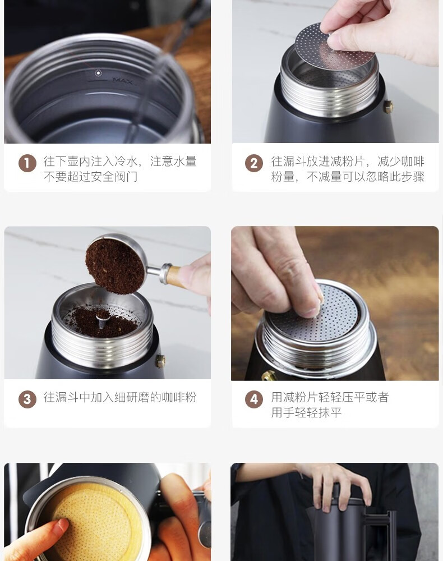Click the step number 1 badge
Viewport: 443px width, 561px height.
tap(27, 163)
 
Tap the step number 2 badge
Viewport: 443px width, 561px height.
tap(254, 163)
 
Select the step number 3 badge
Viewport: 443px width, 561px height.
tap(27, 399)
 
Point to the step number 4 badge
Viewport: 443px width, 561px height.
tap(254, 399)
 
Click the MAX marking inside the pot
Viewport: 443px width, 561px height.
tap(122, 80)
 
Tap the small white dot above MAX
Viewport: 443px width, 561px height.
tap(98, 73)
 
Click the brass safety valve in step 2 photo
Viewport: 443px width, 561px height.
tap(388, 106)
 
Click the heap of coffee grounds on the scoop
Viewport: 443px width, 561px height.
tap(115, 266)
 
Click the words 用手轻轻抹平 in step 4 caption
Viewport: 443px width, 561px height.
tap(306, 412)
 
